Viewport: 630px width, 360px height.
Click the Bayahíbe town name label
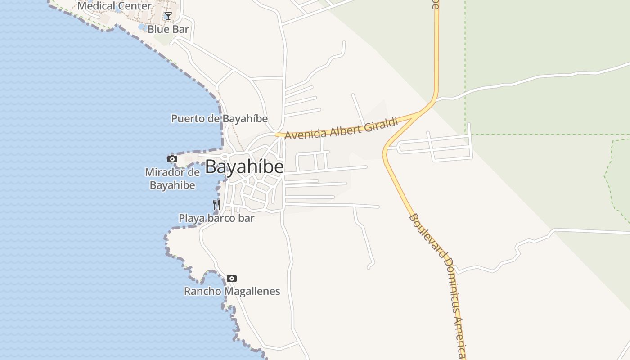click(244, 167)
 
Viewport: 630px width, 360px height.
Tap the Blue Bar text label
click(168, 29)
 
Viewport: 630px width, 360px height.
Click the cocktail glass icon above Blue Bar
click(168, 17)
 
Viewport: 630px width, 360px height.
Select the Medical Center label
click(114, 6)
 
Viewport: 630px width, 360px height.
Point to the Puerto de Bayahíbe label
click(219, 119)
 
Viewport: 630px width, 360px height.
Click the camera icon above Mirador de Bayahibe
click(172, 159)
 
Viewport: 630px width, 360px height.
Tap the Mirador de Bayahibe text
click(172, 179)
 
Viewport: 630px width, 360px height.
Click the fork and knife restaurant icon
click(216, 205)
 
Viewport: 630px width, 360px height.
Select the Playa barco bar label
click(216, 218)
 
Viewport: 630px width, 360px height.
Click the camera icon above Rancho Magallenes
click(231, 278)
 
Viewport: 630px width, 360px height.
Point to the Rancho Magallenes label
click(232, 291)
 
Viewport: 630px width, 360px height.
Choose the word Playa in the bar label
click(190, 218)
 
